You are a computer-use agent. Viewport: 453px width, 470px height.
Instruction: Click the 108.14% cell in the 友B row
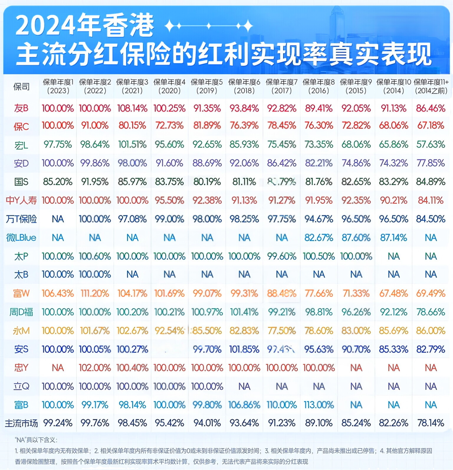click(x=132, y=108)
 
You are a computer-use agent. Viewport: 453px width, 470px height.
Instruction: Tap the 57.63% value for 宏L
click(x=430, y=145)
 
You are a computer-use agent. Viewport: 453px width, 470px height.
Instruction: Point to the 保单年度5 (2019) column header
click(x=207, y=86)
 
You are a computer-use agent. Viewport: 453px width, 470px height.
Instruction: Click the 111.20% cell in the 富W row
click(x=95, y=293)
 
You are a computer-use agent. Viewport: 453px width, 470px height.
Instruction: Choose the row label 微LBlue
click(x=21, y=238)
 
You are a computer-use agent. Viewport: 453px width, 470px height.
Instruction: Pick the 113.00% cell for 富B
click(x=319, y=405)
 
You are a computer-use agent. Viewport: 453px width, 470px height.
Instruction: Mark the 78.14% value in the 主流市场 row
click(x=430, y=423)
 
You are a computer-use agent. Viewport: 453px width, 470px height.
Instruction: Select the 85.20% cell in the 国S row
click(x=58, y=182)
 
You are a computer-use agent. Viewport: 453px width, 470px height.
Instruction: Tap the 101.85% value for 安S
click(x=244, y=349)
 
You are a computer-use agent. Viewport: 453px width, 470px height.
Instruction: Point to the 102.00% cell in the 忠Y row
click(x=95, y=368)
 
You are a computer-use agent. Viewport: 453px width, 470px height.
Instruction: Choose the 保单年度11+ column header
click(x=430, y=86)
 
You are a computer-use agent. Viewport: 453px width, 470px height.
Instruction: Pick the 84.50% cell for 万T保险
click(x=430, y=219)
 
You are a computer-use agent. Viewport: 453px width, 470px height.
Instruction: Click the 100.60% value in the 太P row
click(x=95, y=256)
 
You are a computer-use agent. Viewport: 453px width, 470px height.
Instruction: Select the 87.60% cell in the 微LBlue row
click(x=356, y=238)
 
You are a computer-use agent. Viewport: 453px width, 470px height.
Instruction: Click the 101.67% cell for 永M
click(x=95, y=331)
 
